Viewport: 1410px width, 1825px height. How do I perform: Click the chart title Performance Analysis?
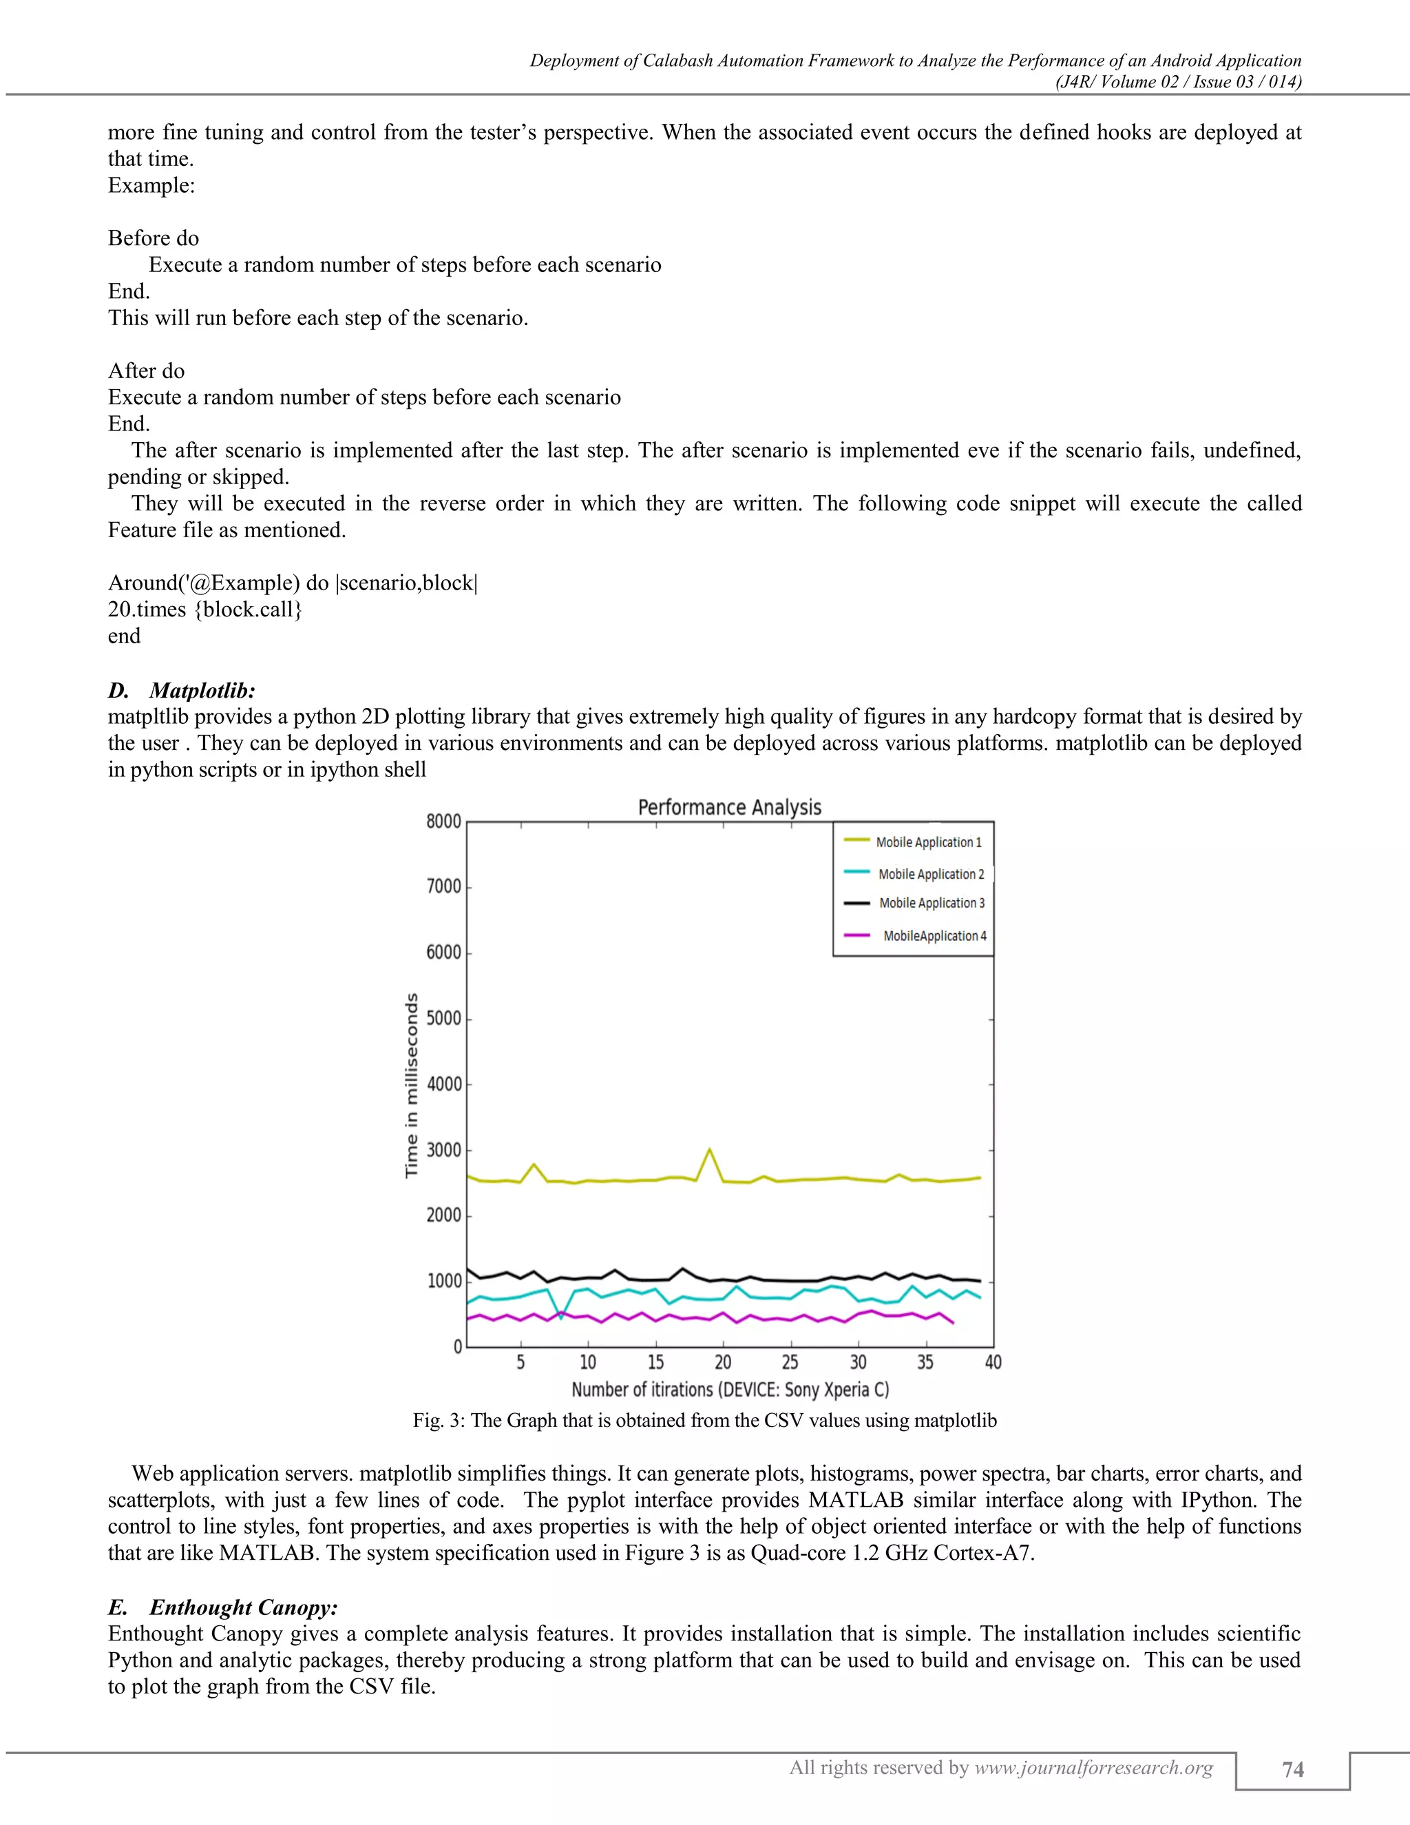click(729, 807)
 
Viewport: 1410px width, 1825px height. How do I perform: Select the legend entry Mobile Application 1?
click(928, 842)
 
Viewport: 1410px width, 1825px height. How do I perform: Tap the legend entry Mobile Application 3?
click(932, 904)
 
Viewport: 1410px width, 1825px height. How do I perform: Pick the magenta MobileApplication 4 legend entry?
click(934, 936)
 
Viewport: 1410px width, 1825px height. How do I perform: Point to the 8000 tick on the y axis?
click(443, 822)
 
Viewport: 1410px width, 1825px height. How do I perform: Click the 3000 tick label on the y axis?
click(443, 1150)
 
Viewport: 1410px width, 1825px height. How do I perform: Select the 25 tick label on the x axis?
click(790, 1363)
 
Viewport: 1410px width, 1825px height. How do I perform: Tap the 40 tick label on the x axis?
click(992, 1363)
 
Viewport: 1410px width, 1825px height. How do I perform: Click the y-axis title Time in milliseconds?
click(411, 1085)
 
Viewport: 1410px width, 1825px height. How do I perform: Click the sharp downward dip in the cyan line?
click(561, 1317)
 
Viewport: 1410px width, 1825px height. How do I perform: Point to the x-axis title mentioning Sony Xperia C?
click(729, 1390)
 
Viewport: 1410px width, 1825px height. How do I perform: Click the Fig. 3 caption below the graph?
click(704, 1421)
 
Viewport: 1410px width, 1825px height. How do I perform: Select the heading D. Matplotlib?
click(181, 690)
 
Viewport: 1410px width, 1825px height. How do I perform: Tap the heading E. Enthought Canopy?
click(222, 1607)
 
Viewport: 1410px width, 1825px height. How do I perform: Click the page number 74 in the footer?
click(1292, 1770)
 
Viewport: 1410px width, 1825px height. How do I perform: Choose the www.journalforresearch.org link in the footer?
click(1093, 1767)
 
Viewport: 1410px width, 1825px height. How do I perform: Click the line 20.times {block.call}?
click(204, 609)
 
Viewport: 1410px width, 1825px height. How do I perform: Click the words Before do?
click(154, 238)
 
